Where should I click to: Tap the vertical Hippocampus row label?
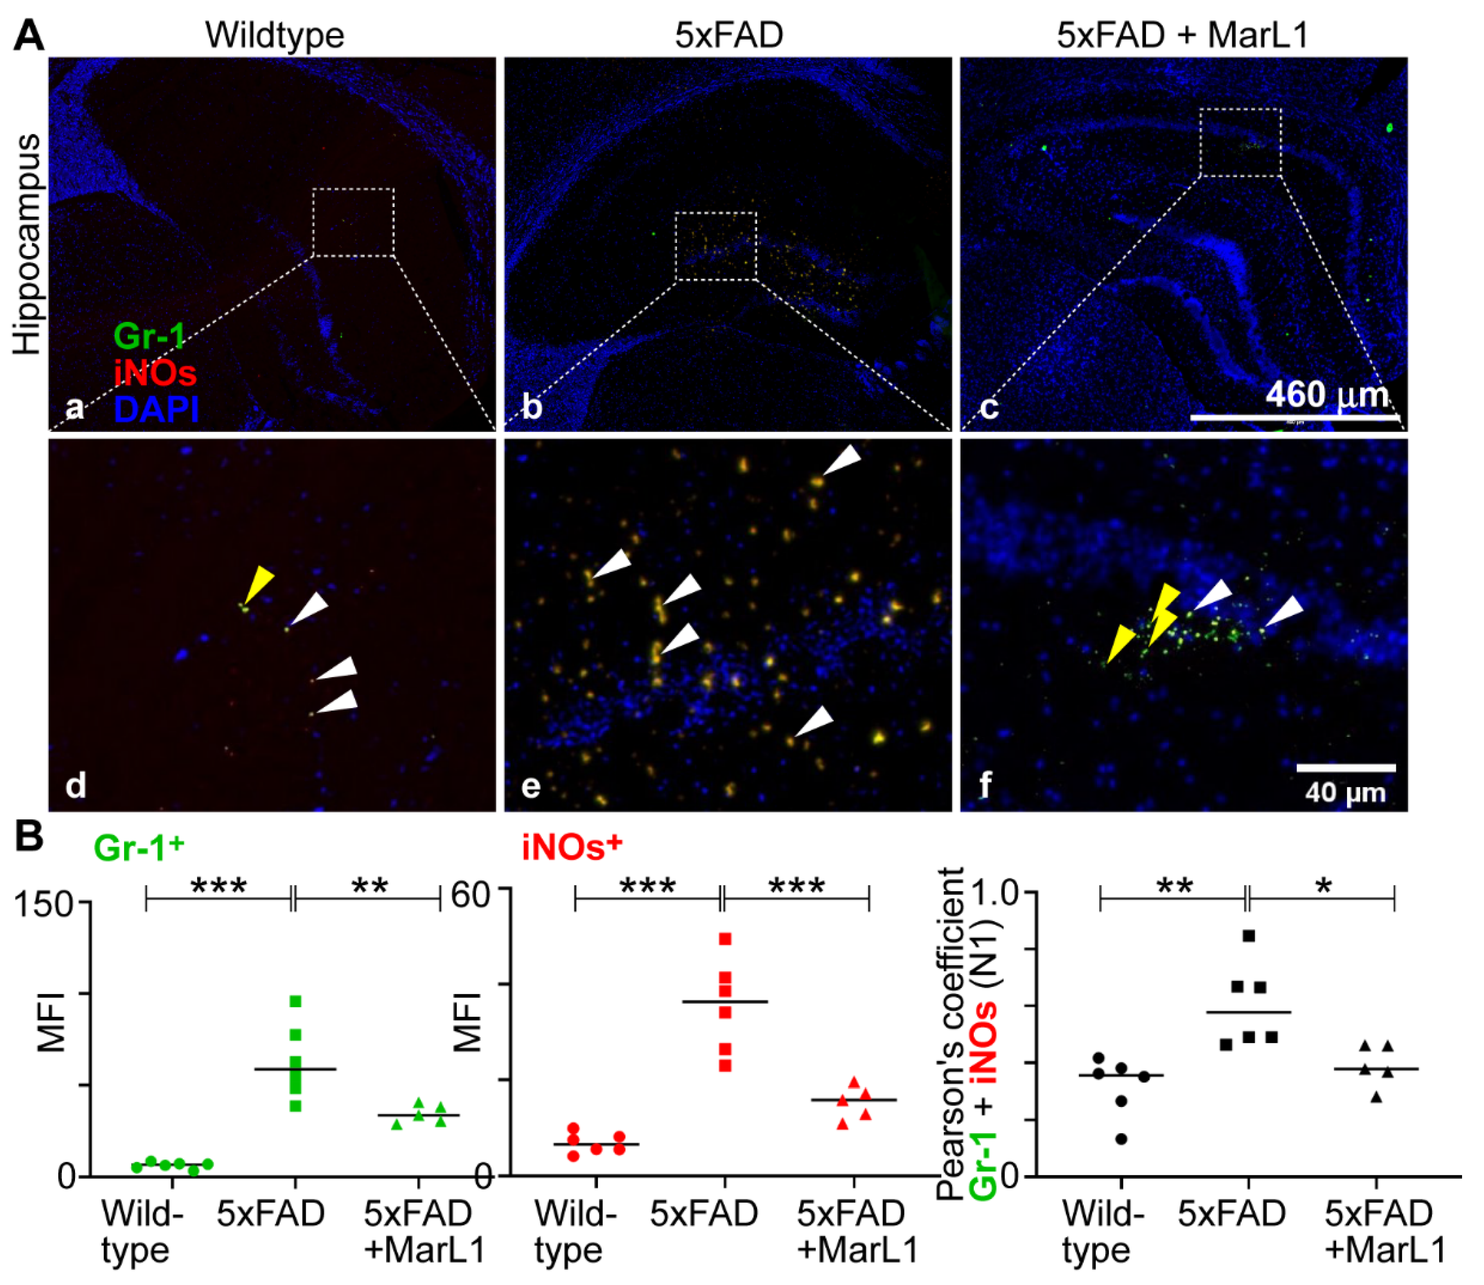click(x=27, y=244)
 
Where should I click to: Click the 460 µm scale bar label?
click(x=1327, y=394)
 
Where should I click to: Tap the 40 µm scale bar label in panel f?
click(x=1345, y=792)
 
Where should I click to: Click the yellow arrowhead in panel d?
click(x=258, y=582)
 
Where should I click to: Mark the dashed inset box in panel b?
click(x=716, y=246)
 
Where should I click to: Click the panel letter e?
click(x=531, y=787)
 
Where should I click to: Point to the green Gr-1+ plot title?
click(x=138, y=848)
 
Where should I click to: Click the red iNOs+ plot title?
click(x=572, y=848)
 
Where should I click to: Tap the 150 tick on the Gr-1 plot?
click(x=47, y=904)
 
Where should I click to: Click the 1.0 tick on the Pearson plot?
click(x=993, y=893)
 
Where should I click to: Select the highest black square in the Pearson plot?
click(x=1249, y=936)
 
